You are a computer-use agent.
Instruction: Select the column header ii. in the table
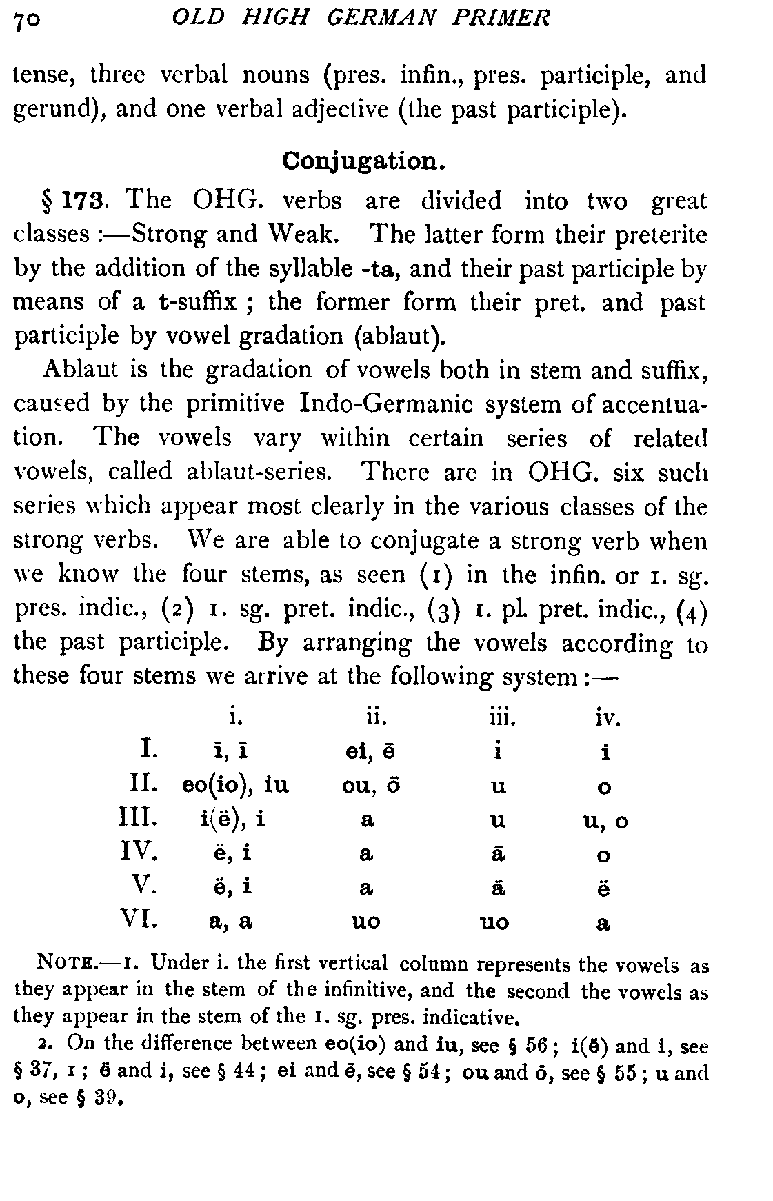coord(376,719)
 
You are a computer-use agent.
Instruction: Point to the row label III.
coord(139,819)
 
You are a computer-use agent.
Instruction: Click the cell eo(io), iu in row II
coord(234,786)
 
